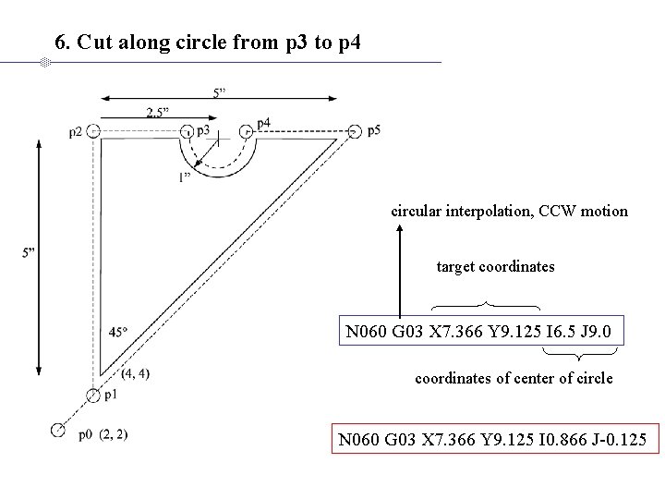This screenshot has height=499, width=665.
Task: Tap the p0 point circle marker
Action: coord(58,430)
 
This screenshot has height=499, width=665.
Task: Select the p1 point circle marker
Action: coord(93,396)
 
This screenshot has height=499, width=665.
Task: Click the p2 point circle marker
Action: coord(93,131)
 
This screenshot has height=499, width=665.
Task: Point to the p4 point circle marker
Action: coord(247,131)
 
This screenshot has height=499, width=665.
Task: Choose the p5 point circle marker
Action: coord(356,131)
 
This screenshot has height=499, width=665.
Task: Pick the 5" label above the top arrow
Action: coord(220,92)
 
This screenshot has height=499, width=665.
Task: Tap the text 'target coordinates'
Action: coord(495,267)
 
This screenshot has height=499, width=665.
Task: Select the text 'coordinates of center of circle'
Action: coord(514,379)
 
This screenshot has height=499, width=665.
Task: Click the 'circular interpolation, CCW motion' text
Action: coord(509,212)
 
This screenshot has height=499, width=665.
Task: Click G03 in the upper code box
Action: coord(402,330)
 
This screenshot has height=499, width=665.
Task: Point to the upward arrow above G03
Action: coord(399,273)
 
